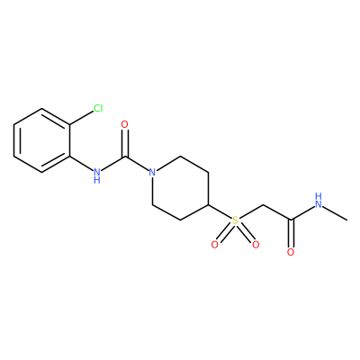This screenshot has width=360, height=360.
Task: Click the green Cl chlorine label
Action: point(98,108)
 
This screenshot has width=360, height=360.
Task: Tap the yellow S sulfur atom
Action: point(235,220)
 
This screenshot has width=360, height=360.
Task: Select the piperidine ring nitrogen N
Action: point(152,173)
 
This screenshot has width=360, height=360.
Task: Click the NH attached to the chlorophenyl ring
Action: point(96,175)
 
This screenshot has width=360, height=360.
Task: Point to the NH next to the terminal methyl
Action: point(319,201)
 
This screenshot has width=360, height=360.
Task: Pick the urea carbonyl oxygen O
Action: point(124,124)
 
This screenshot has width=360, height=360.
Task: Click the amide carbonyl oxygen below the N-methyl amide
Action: point(291,252)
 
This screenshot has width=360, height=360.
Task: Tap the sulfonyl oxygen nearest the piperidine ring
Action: point(214,245)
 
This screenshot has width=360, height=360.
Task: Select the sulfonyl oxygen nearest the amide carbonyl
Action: point(256,245)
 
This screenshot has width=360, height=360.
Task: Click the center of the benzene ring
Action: point(42,140)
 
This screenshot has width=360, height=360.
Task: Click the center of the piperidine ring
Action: point(180,188)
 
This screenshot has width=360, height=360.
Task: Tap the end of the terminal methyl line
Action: point(347,220)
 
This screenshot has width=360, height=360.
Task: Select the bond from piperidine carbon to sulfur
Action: point(220,212)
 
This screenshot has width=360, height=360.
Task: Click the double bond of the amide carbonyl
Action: point(291,234)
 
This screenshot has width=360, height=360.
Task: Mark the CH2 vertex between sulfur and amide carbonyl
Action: point(263,205)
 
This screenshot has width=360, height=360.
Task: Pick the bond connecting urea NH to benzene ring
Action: point(81,163)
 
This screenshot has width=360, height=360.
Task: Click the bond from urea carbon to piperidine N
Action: point(137,164)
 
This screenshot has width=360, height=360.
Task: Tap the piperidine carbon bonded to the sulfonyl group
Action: point(209,205)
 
